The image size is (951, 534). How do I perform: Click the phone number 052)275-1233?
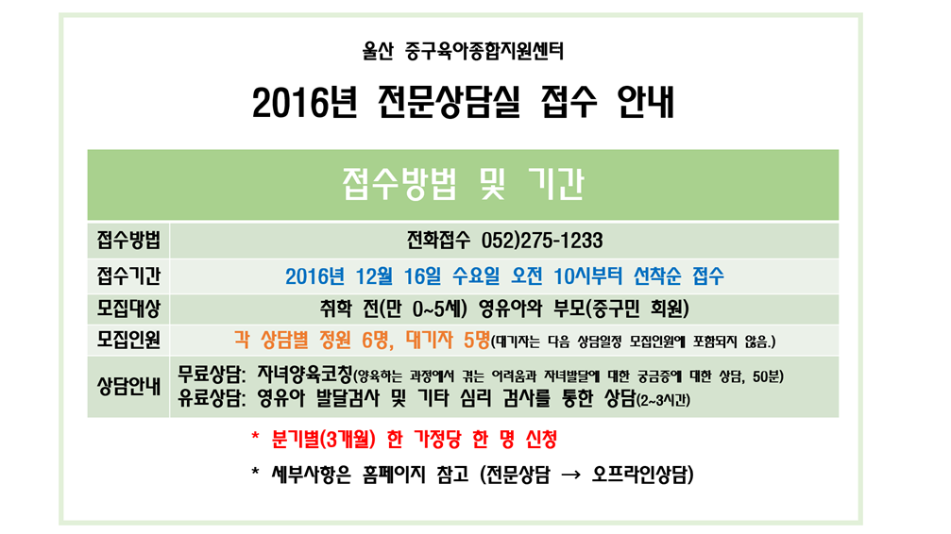(542, 241)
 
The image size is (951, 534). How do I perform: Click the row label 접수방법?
(128, 240)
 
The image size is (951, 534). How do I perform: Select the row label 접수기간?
(128, 275)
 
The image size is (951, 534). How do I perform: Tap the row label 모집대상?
(128, 309)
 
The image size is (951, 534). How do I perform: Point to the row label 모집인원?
(128, 340)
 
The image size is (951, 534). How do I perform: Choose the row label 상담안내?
(128, 386)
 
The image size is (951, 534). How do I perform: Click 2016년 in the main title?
(304, 102)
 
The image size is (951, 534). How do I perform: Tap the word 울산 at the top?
(378, 51)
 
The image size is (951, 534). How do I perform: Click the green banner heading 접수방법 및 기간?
(463, 184)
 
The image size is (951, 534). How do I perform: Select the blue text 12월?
(374, 276)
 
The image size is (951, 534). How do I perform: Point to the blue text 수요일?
(476, 276)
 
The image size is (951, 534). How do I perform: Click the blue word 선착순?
(657, 276)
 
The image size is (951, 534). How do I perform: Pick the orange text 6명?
(378, 340)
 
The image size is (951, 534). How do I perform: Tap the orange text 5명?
(477, 340)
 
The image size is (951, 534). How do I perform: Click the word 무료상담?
(212, 375)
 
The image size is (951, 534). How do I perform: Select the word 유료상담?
(212, 398)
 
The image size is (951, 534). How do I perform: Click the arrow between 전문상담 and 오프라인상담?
(570, 475)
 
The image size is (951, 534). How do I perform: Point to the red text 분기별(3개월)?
(323, 439)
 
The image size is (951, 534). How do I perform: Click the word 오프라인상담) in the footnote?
(642, 474)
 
